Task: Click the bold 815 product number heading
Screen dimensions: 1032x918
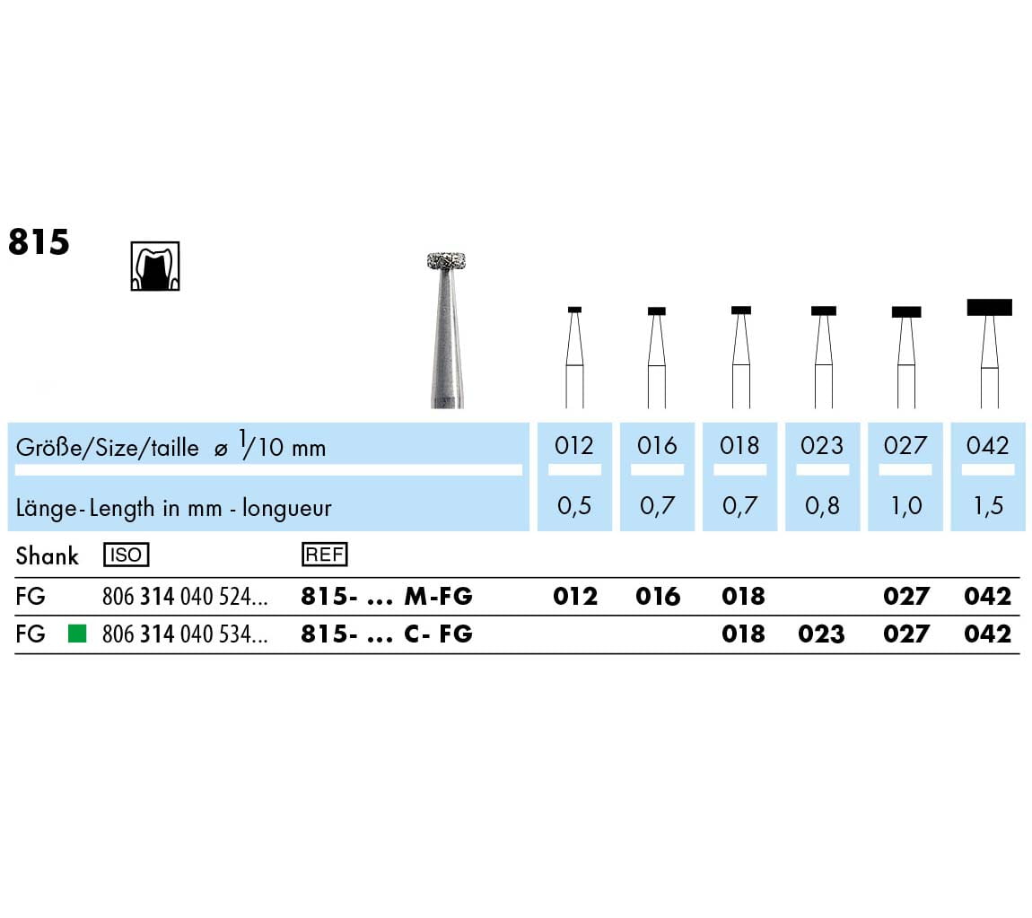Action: (x=39, y=241)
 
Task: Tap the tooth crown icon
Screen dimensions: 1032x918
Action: (x=155, y=266)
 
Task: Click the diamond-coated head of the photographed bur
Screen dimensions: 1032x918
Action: (x=446, y=260)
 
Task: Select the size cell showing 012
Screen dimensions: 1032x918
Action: (x=574, y=445)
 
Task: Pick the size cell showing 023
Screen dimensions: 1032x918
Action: (x=822, y=445)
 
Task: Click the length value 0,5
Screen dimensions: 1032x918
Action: (x=574, y=505)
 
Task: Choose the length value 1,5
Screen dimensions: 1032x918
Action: (x=988, y=505)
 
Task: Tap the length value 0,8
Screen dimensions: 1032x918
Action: (x=822, y=505)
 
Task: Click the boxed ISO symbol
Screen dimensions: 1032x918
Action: (x=127, y=555)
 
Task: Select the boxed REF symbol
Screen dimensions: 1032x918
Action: (x=325, y=555)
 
